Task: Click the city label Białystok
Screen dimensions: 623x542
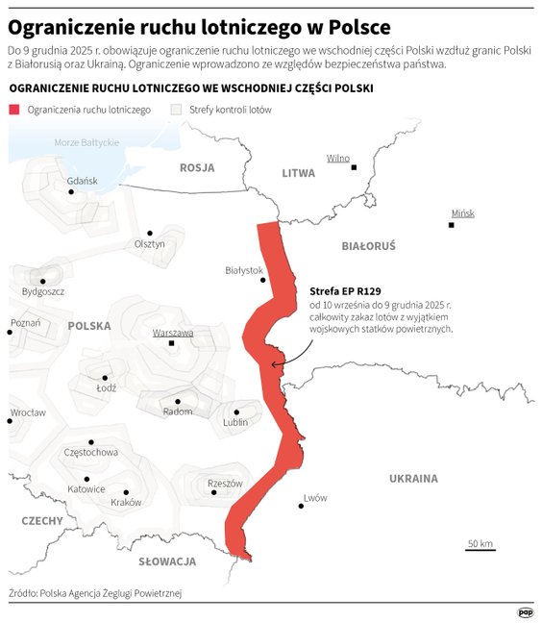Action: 243,270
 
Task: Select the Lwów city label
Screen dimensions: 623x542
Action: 314,497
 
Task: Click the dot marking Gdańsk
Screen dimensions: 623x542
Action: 71,192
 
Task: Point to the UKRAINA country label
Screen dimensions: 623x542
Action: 413,478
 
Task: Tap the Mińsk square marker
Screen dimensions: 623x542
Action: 452,225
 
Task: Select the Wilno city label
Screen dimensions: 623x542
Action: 338,158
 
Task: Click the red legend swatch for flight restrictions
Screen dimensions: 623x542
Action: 14,110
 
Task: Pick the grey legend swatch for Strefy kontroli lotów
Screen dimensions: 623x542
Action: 175,110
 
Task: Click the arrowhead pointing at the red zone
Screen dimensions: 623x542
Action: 274,364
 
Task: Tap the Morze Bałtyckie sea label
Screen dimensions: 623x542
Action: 86,142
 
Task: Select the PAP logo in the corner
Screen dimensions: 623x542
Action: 525,611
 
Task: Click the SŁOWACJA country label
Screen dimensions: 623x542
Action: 167,561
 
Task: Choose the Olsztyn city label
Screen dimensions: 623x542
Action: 150,243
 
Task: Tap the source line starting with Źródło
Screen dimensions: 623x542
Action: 95,592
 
